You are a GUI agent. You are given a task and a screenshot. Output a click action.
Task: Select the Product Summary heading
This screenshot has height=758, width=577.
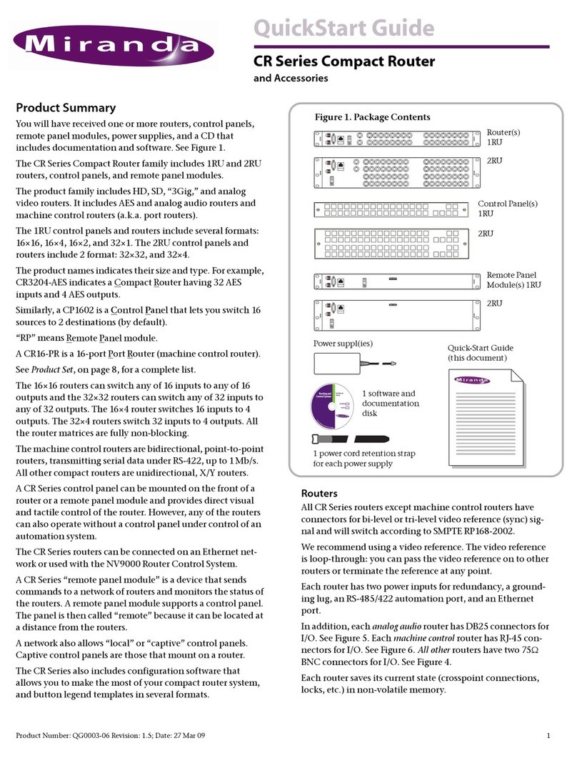click(x=66, y=109)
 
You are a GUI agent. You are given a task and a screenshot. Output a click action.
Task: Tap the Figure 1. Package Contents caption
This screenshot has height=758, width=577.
click(x=373, y=116)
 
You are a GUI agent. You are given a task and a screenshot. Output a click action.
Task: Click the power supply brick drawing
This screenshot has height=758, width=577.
click(x=341, y=364)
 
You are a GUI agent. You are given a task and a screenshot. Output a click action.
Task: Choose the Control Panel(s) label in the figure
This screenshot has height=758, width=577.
click(x=507, y=204)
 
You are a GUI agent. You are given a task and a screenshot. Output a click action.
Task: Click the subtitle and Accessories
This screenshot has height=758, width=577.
click(x=291, y=79)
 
